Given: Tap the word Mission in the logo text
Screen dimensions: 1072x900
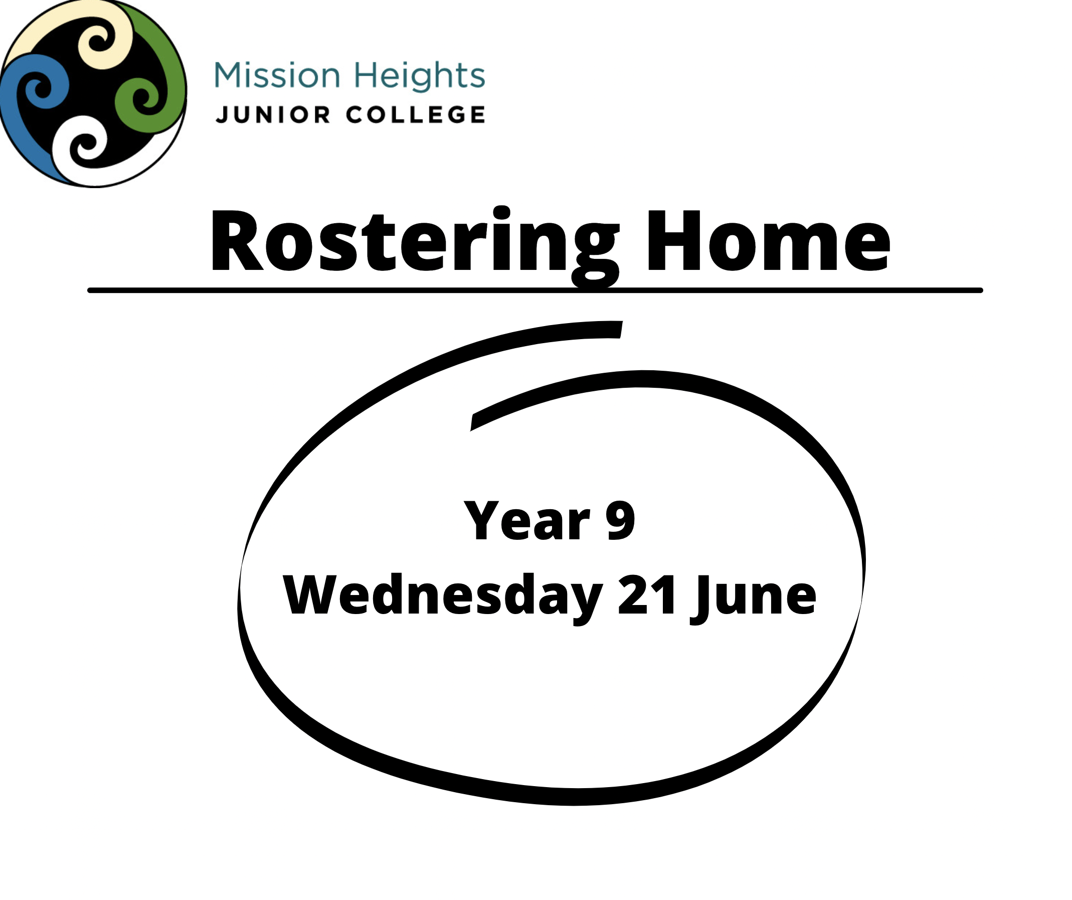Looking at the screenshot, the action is [x=277, y=75].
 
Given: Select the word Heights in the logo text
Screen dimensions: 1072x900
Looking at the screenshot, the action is [x=419, y=76].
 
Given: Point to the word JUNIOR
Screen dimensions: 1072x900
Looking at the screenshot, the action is [x=273, y=115].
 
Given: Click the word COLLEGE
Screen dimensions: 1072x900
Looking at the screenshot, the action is [x=416, y=115].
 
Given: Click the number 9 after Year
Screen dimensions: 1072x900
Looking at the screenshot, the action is [x=620, y=520].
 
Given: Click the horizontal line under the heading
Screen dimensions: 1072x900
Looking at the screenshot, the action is [x=535, y=290].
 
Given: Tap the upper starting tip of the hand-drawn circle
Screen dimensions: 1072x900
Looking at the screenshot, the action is [x=621, y=330].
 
